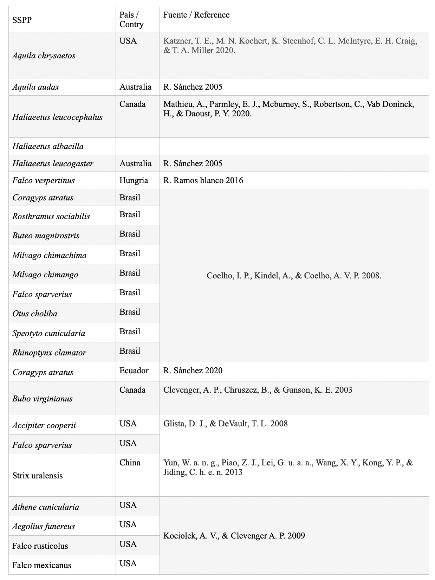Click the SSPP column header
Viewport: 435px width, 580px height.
point(22,20)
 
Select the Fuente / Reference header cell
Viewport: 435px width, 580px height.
point(196,15)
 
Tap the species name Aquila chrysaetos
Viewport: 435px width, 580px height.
point(44,56)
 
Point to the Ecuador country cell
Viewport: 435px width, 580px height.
point(134,370)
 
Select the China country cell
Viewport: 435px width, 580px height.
point(130,463)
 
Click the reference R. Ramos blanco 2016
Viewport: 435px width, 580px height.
point(203,180)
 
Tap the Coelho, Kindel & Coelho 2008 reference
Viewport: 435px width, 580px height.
point(294,276)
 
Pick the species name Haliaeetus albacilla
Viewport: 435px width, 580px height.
point(48,146)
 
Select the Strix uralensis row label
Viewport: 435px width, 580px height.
point(37,476)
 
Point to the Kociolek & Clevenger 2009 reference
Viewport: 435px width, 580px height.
point(234,536)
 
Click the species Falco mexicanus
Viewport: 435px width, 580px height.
point(41,565)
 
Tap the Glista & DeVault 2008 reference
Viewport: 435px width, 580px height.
point(225,424)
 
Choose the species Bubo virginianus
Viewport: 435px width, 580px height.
point(42,399)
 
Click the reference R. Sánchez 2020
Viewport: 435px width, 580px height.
point(193,370)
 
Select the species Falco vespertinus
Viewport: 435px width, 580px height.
point(44,180)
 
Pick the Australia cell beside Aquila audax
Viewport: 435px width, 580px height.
point(135,87)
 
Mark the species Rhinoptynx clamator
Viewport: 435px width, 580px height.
point(49,353)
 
